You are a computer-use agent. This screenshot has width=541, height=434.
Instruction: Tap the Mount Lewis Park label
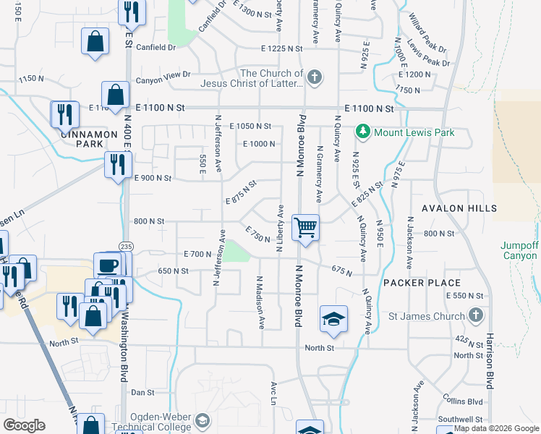(x=414, y=132)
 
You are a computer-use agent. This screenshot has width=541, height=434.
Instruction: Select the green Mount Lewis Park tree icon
(x=362, y=132)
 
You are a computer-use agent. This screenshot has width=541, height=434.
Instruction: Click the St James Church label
(x=433, y=315)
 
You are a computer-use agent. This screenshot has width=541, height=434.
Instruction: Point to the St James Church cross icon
(x=476, y=315)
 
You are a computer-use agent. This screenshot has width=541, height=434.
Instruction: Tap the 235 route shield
(x=126, y=246)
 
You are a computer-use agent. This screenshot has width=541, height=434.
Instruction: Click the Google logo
(x=24, y=425)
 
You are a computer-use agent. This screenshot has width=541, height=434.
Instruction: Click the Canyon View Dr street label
(x=167, y=74)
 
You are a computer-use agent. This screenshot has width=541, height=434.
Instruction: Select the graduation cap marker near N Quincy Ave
(x=333, y=318)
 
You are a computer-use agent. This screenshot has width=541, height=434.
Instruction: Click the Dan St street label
(x=142, y=392)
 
